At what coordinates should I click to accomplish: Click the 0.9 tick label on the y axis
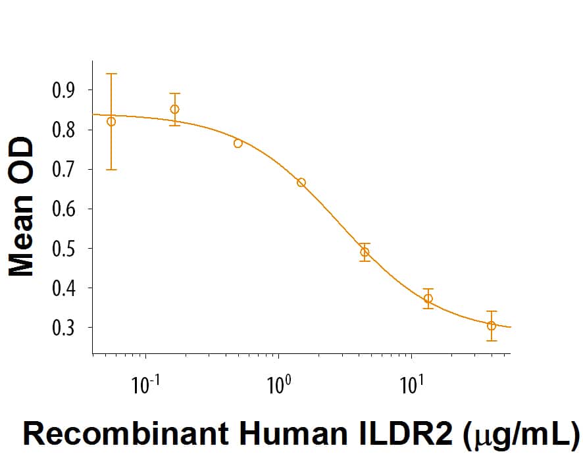64,90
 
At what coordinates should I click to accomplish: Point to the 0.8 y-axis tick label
64,130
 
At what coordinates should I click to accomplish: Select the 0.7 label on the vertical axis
64,169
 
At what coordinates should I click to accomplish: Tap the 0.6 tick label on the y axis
64,209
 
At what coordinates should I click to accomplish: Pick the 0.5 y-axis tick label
64,248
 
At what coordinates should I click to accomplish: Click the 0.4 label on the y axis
64,288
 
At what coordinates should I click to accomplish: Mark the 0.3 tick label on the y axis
64,327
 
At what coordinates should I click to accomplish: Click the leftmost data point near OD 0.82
111,121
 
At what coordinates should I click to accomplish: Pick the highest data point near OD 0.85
174,109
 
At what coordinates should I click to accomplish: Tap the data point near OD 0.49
365,252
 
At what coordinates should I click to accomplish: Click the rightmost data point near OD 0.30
492,326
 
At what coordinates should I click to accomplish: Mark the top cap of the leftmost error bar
111,74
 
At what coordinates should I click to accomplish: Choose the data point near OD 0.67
301,182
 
